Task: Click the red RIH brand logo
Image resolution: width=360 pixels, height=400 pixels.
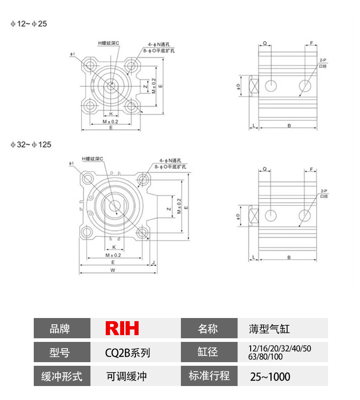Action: tap(122, 328)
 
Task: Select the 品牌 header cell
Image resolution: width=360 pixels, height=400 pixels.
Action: tap(62, 328)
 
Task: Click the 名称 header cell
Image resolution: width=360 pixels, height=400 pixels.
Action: tap(209, 328)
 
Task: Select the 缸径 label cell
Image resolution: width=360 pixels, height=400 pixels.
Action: tap(209, 352)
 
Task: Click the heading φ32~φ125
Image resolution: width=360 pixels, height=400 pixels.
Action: tap(31, 145)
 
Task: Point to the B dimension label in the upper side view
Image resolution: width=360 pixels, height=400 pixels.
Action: tap(288, 126)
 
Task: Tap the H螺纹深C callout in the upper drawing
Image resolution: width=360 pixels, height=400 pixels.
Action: tap(108, 43)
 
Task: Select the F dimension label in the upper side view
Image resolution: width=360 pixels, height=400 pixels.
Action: tap(311, 43)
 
